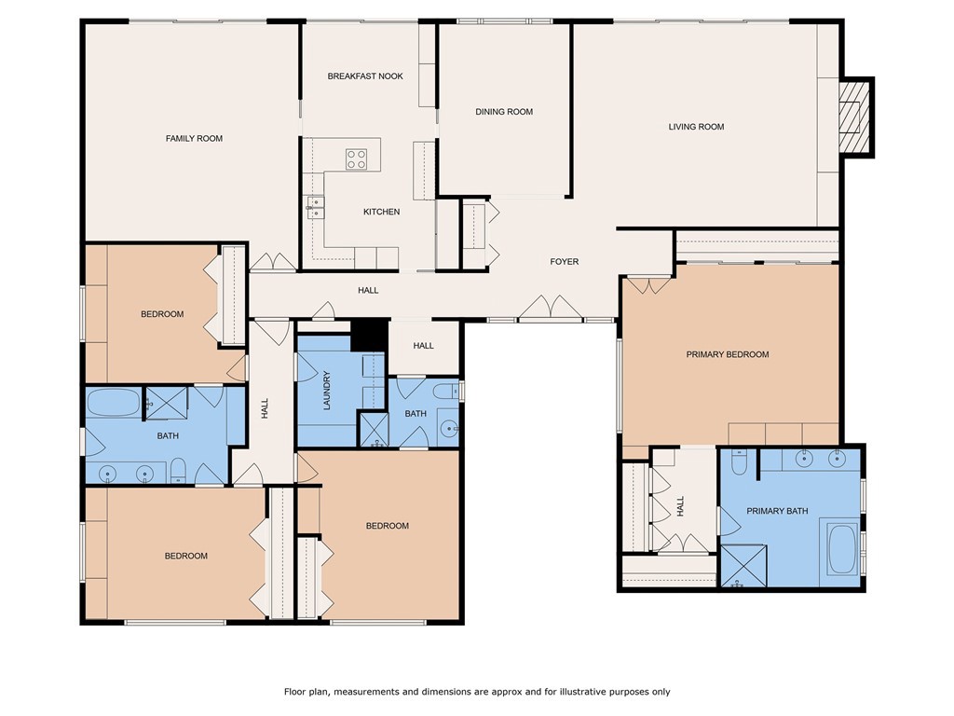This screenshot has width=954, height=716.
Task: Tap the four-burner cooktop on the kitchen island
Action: coord(357,158)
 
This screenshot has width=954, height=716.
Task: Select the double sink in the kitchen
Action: coord(315,206)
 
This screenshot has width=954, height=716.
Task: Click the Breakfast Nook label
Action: coord(365,76)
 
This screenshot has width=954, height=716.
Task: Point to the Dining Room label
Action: coord(504,112)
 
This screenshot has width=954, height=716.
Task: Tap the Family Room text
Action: coord(194,139)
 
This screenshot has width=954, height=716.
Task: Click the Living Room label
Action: coord(696,127)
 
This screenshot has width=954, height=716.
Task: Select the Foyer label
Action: coord(565,262)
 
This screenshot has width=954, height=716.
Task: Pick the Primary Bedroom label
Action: coord(728,354)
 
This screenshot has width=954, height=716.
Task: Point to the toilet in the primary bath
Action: coord(739,461)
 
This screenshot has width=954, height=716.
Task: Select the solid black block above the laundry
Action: coord(369,334)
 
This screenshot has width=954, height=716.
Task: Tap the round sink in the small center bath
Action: coord(450,429)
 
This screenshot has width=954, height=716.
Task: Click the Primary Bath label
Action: coord(776,511)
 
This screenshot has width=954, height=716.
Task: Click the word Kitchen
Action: coord(381,213)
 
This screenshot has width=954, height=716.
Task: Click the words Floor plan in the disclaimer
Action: coord(307,692)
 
